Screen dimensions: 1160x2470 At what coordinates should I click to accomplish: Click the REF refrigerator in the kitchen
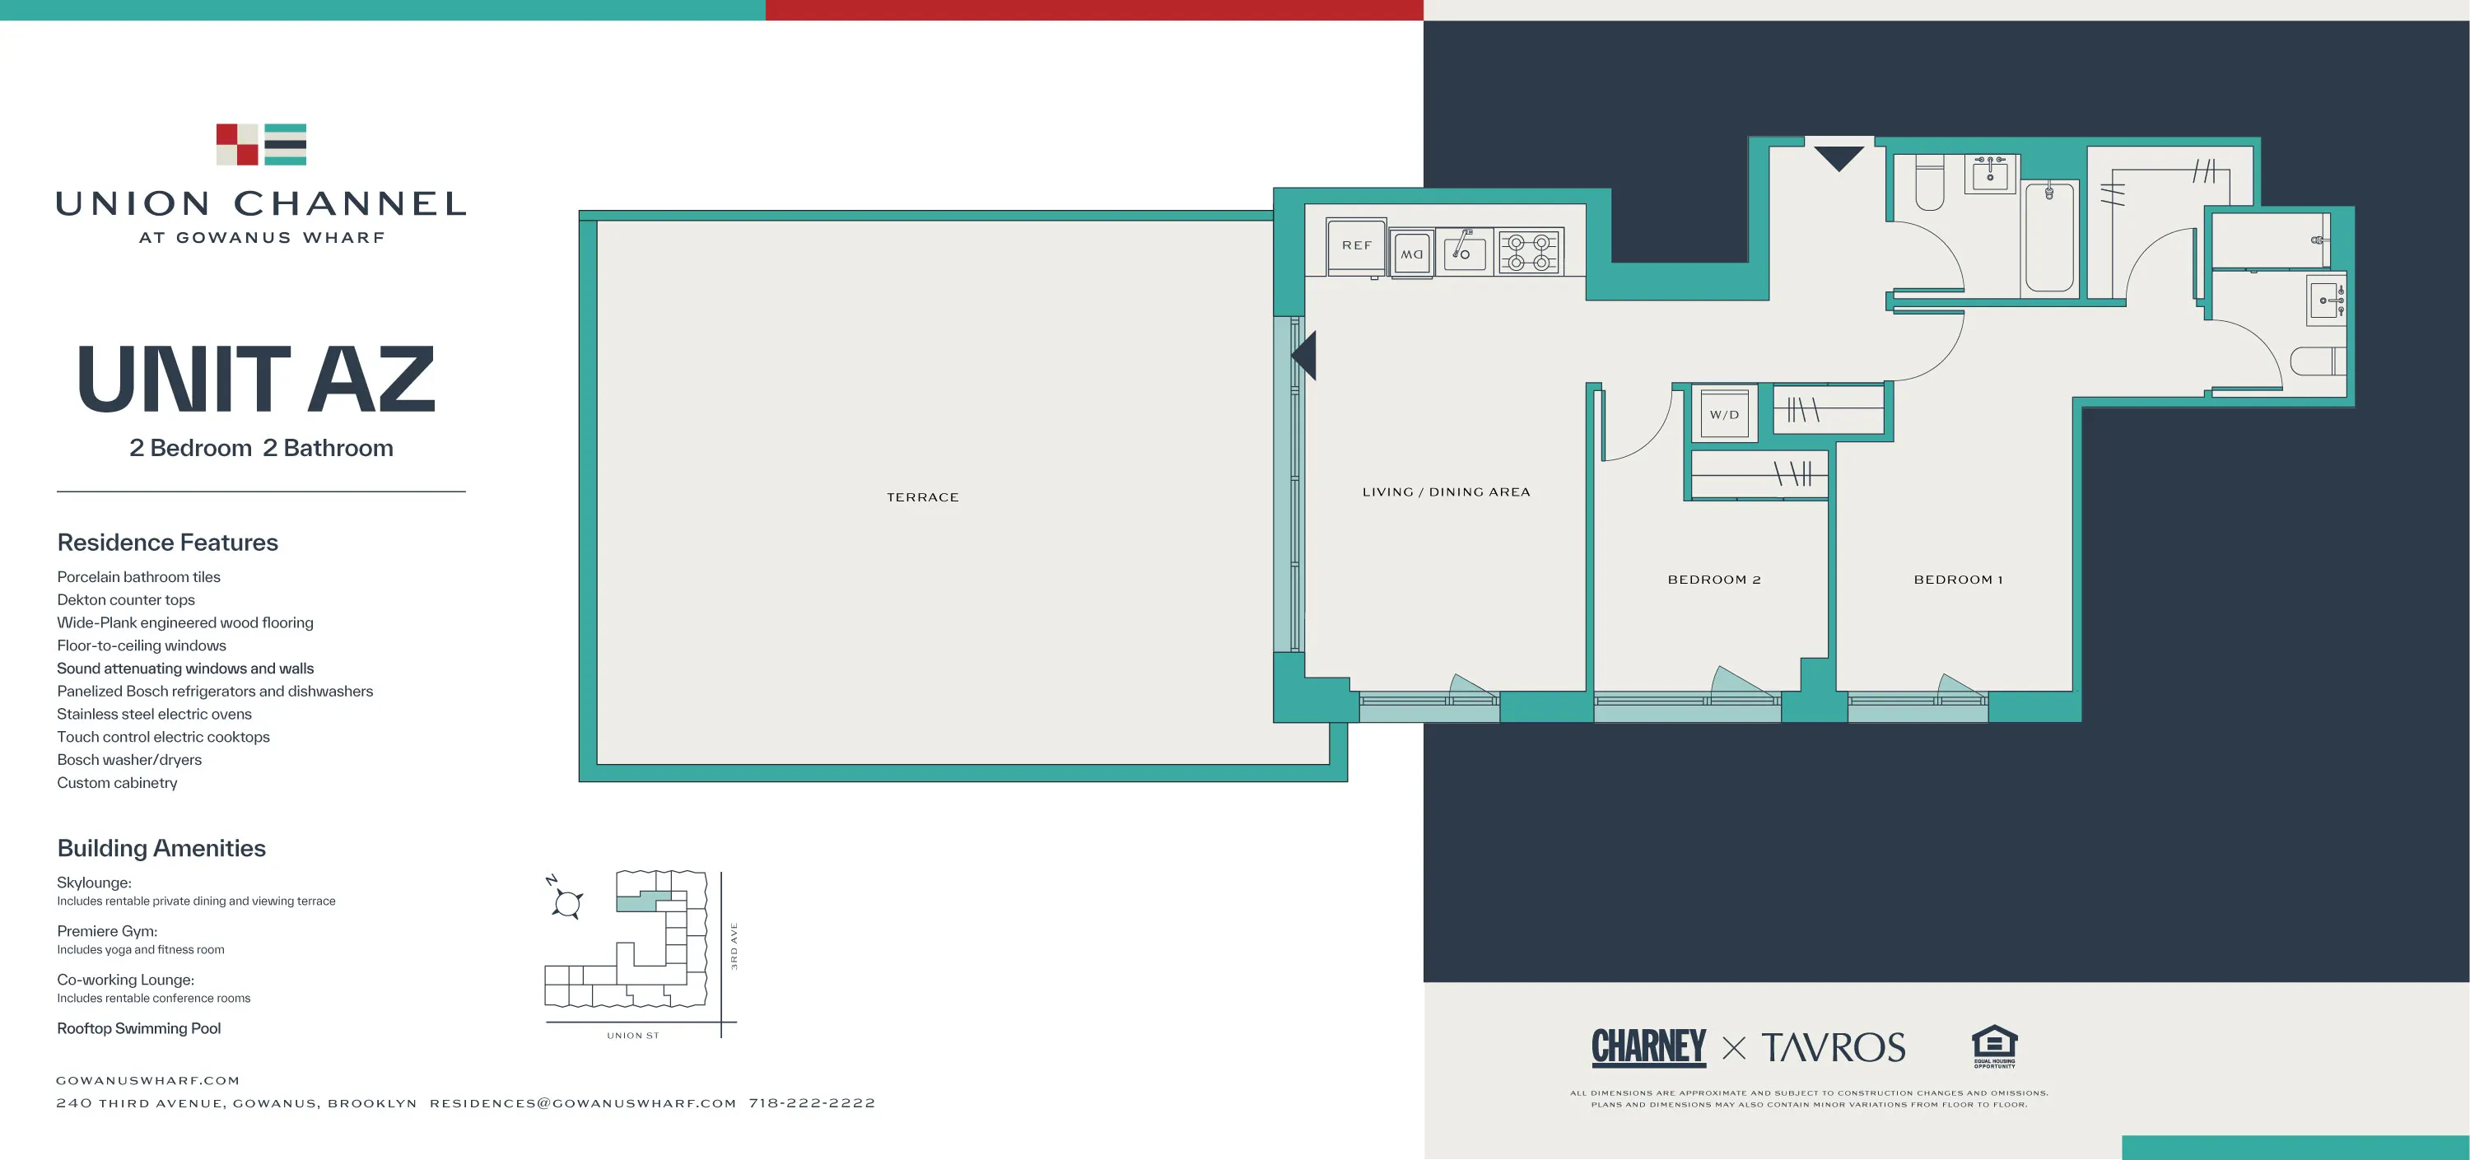point(1356,246)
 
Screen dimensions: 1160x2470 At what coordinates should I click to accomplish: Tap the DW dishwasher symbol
point(1412,254)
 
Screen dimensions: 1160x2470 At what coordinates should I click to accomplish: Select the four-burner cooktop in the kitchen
point(1530,252)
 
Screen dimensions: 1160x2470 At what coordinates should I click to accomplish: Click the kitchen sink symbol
point(1464,252)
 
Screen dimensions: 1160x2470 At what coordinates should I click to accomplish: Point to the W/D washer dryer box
point(1724,415)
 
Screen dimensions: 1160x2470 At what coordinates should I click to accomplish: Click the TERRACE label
point(922,497)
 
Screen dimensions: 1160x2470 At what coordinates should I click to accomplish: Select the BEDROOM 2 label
point(1714,580)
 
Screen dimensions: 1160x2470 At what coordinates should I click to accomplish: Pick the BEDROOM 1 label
point(1958,580)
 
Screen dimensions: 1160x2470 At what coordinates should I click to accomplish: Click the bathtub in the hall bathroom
point(2049,237)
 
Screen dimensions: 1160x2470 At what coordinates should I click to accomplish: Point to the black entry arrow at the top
point(1839,157)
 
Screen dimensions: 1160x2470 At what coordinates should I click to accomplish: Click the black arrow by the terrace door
point(1305,356)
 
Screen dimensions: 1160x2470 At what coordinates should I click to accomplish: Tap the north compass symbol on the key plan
point(566,901)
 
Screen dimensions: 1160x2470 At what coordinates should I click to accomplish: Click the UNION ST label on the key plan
point(633,1036)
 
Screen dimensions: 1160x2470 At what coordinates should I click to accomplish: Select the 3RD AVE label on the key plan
point(734,946)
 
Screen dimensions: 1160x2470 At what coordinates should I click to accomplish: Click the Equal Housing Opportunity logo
point(1994,1046)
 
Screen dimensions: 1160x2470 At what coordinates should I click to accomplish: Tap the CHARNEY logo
point(1649,1047)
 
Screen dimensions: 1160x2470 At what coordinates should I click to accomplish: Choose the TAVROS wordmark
point(1834,1048)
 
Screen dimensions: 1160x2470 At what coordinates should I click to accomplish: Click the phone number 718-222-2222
point(812,1103)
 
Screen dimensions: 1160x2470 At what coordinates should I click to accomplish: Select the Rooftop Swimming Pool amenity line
point(139,1028)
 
